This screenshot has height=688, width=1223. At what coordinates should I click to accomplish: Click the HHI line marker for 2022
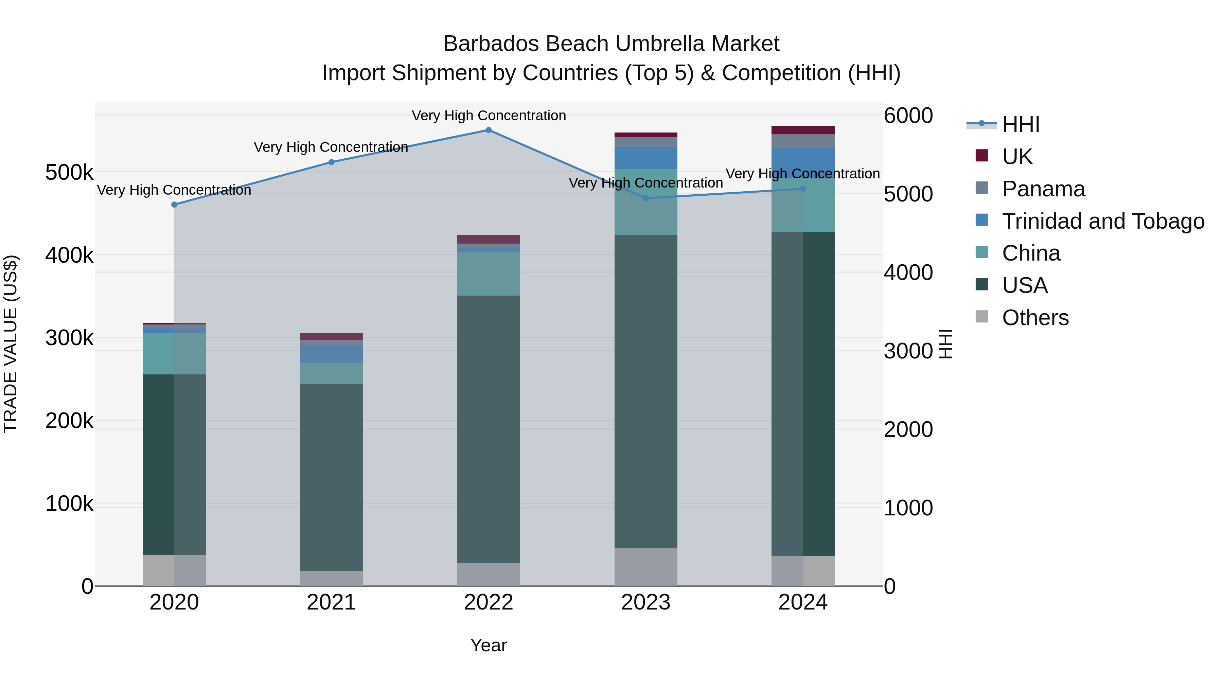(x=489, y=130)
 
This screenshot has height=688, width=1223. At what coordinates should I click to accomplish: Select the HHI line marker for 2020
(x=174, y=205)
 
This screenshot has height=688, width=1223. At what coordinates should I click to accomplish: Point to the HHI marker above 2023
(x=646, y=198)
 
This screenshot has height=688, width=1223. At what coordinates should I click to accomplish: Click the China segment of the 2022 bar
(x=489, y=274)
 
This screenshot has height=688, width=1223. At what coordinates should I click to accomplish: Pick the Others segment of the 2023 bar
(x=646, y=567)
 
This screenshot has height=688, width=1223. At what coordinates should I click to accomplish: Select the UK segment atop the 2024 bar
(x=803, y=130)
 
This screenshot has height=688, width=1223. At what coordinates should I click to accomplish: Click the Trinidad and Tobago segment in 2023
(x=646, y=158)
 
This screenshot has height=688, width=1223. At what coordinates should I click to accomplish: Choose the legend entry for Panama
(x=1043, y=189)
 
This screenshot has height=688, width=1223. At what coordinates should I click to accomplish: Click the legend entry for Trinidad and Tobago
(x=1102, y=221)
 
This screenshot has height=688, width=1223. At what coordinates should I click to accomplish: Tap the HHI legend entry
(x=1021, y=124)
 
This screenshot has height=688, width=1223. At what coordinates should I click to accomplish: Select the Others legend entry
(x=1035, y=318)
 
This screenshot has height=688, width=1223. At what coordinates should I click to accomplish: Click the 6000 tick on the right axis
(x=908, y=116)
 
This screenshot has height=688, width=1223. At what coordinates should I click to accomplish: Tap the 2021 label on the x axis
(x=331, y=602)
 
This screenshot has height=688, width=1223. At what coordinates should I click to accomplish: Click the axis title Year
(x=489, y=645)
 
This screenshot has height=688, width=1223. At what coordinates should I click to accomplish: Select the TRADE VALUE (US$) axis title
(x=11, y=344)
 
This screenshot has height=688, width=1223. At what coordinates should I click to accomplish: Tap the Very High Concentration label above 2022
(x=489, y=116)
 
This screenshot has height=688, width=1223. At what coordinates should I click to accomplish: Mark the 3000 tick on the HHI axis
(x=908, y=351)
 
